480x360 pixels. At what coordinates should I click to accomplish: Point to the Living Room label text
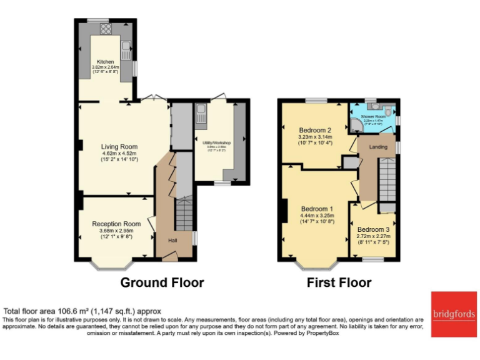119,147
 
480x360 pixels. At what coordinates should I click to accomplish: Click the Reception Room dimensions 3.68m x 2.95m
116,231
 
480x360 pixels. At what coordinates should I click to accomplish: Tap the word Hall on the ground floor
172,239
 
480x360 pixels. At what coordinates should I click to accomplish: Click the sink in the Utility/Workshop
201,113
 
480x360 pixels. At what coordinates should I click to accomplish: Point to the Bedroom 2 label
315,130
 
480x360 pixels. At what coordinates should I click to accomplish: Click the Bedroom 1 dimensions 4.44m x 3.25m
317,216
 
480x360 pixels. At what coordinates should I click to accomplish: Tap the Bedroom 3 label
374,229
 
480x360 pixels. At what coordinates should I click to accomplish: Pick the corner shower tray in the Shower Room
356,127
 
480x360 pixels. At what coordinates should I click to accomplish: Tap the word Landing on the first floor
378,147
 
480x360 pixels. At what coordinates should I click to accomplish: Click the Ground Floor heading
162,282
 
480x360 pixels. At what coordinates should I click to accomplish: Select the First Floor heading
339,282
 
